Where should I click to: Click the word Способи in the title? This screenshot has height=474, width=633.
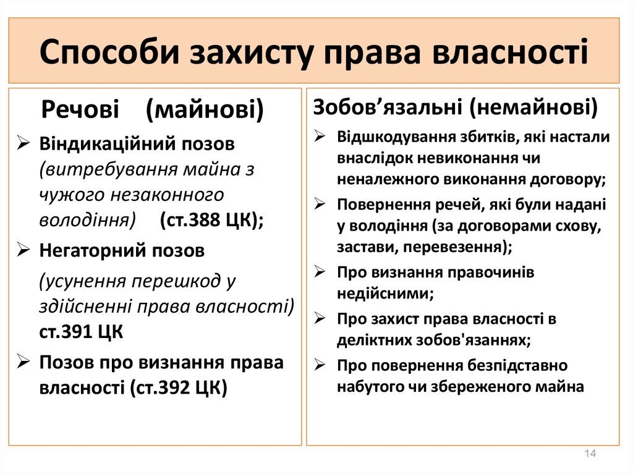coord(109,52)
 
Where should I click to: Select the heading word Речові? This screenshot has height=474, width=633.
coord(80,109)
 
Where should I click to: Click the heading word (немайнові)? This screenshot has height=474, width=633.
coord(533,108)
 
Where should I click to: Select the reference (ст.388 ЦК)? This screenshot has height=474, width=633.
coord(211,220)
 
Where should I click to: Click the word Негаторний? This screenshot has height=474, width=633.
coord(91,251)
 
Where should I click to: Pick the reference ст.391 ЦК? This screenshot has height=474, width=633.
coord(81,331)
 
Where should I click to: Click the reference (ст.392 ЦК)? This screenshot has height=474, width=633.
coord(179,388)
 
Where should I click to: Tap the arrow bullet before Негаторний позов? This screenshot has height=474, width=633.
coord(23,250)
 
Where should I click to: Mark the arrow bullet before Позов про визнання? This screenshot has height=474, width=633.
coord(23,362)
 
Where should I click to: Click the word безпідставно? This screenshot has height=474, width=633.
coord(517,365)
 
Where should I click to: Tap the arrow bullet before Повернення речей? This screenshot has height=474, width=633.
coord(320,204)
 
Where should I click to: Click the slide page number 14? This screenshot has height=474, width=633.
coord(590,454)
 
